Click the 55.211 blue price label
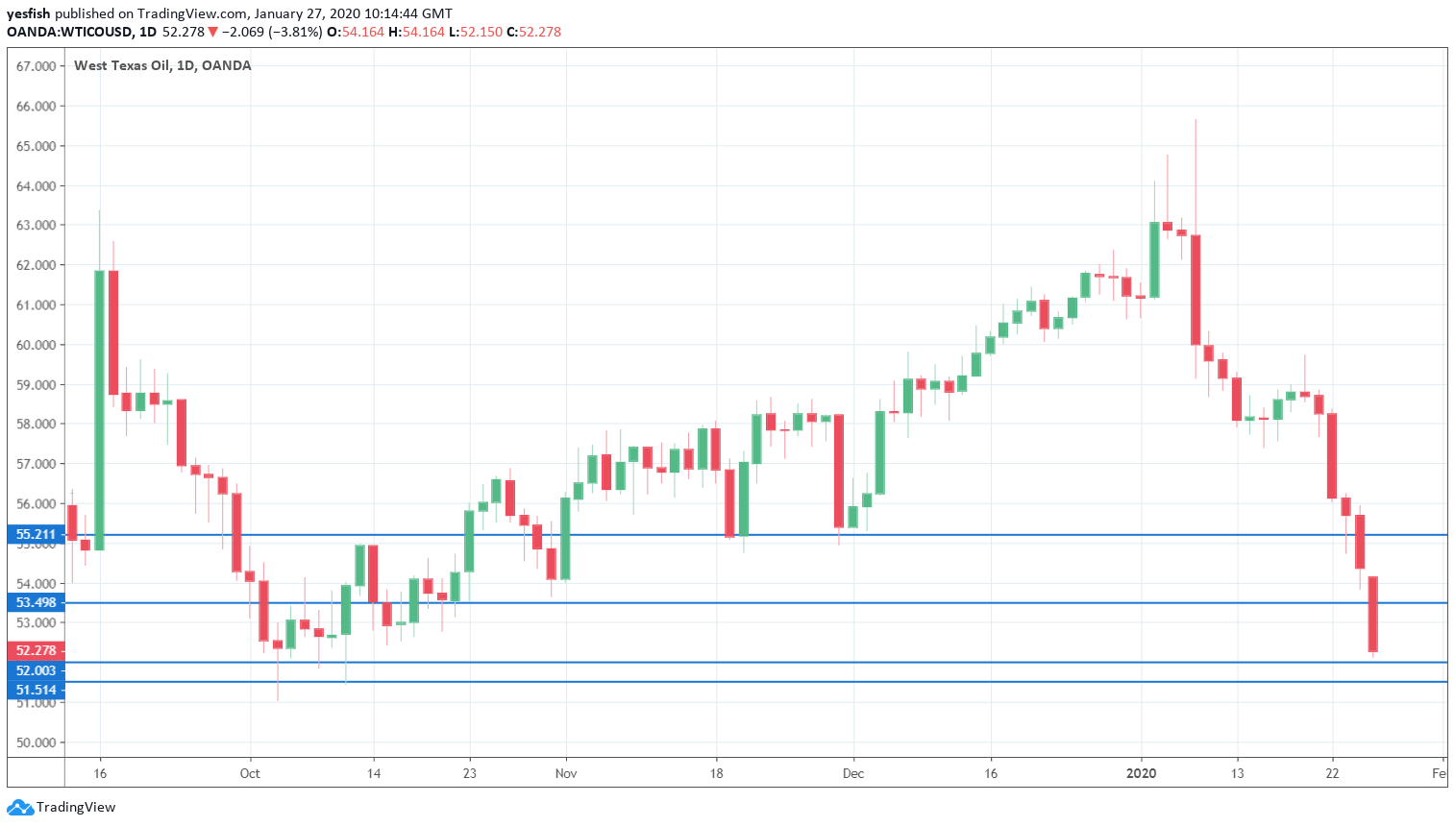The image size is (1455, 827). point(36,534)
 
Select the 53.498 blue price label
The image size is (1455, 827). point(36,602)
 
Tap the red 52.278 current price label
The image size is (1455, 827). point(36,650)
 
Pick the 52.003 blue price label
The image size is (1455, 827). point(36,670)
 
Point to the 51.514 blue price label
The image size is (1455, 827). point(36,690)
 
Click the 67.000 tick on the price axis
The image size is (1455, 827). point(36,66)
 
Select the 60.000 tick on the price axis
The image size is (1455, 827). point(36,345)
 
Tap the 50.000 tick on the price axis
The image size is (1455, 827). point(36,742)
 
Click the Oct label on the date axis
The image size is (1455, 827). point(250,773)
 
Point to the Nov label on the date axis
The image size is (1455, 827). point(566,773)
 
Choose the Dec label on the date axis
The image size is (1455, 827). point(852,773)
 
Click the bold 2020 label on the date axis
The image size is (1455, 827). point(1141,773)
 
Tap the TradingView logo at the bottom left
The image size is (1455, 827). point(62,807)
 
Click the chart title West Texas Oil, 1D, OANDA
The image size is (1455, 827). point(162,65)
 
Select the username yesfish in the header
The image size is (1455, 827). point(28,13)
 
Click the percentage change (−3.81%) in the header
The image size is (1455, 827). point(295,32)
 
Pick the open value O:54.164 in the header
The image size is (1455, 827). point(356,32)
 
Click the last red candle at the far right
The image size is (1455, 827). point(1373,614)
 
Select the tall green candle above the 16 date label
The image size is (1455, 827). point(99,410)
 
